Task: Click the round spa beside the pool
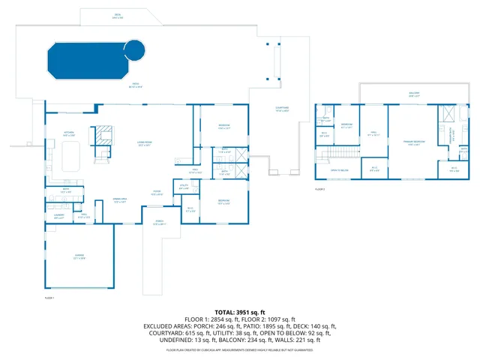coord(134,50)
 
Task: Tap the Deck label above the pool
coord(118,16)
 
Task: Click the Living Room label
coord(144,144)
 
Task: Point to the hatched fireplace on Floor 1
coord(102,135)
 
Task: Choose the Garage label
coord(79,256)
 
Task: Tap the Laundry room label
coord(58,217)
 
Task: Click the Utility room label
coord(184,187)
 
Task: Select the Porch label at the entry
coord(159,222)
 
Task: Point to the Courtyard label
coord(282,109)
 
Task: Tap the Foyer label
coord(157,193)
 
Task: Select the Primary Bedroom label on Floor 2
coord(412,142)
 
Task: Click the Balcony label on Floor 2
coord(414,94)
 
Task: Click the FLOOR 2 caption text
coord(320,190)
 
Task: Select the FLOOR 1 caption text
coord(50,298)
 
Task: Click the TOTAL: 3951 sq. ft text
coord(240,312)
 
